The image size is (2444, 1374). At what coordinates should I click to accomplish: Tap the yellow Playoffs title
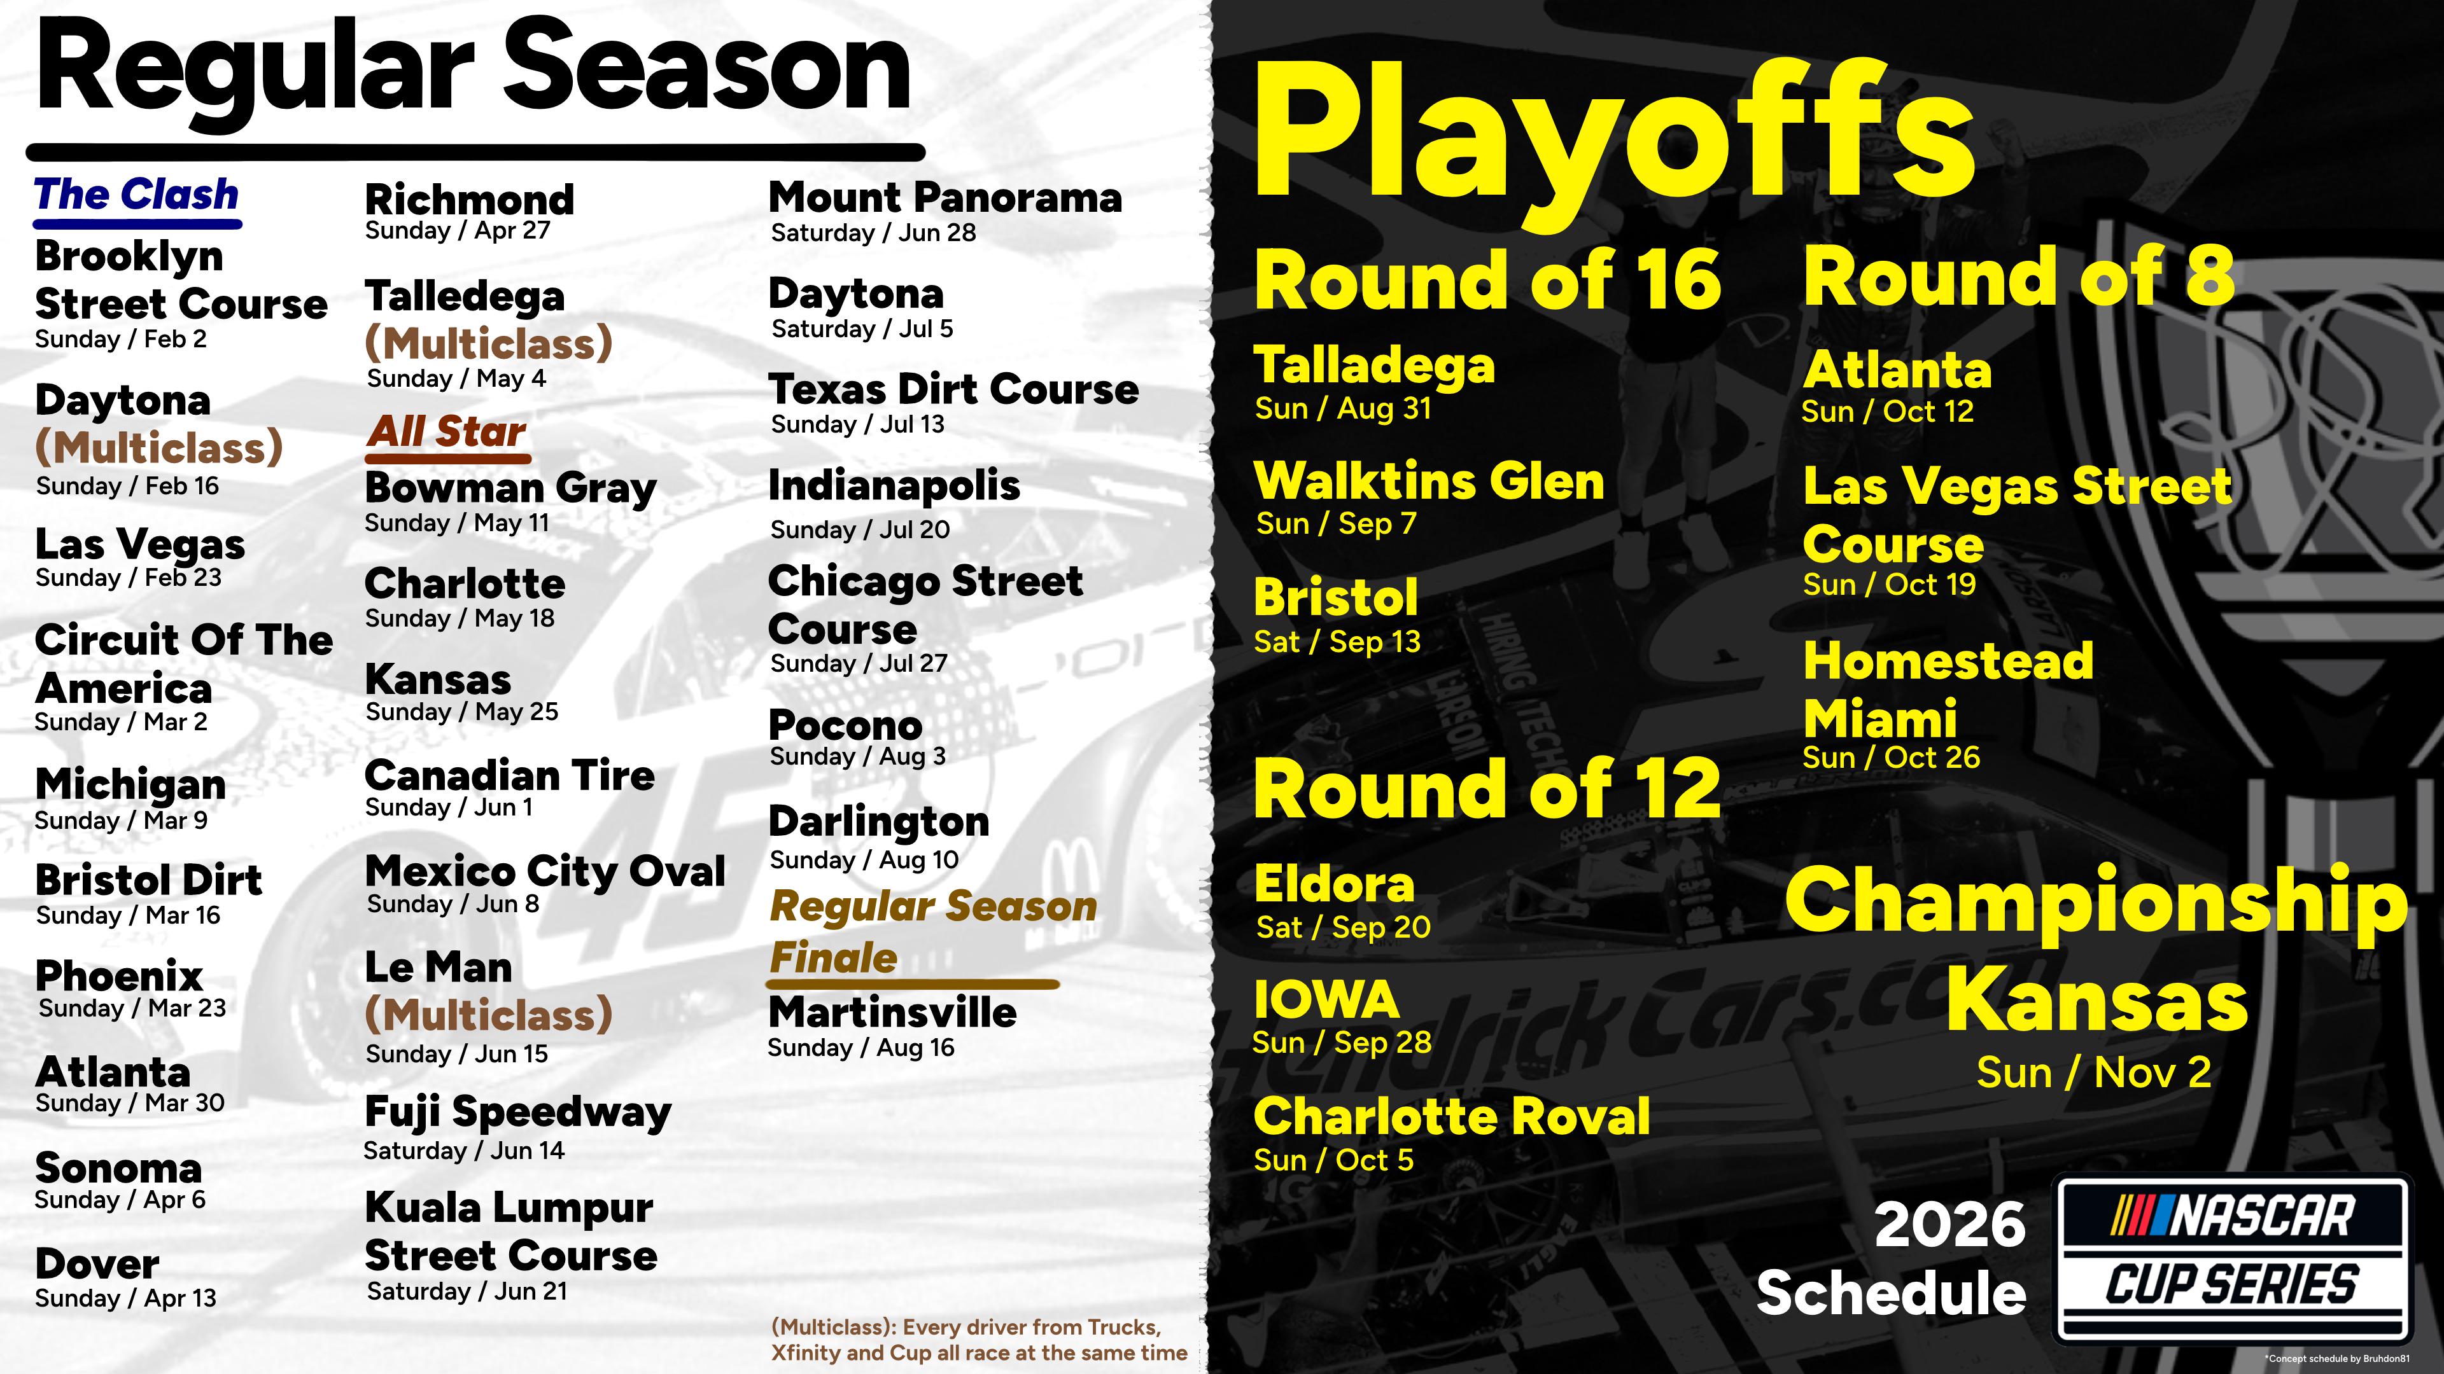coord(1613,133)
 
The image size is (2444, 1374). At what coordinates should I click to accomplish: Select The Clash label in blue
coord(137,195)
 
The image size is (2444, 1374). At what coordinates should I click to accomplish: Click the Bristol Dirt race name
coord(148,880)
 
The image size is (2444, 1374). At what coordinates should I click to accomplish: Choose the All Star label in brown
coord(446,431)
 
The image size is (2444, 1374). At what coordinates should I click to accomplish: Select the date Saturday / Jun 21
coord(467,1291)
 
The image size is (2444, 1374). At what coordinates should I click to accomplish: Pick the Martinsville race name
coord(892,1013)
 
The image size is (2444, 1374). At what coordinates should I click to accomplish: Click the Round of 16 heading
coord(1487,280)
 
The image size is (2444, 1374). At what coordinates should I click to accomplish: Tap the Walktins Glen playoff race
coord(1429,481)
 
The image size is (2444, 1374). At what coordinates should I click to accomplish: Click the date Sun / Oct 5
coord(1333,1160)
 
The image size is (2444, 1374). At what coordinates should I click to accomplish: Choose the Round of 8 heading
coord(2019,276)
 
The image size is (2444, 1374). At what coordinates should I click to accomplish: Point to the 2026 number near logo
coord(1949,1224)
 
